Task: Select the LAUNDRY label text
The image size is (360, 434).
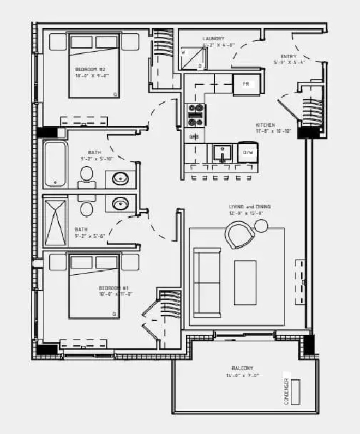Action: (214, 39)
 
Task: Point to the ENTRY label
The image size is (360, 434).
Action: (289, 56)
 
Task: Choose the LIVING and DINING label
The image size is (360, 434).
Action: (250, 206)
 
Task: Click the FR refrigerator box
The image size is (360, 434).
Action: (245, 84)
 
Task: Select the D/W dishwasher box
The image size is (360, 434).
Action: (247, 153)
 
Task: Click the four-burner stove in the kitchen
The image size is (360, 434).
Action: (195, 114)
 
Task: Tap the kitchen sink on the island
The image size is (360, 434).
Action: (222, 153)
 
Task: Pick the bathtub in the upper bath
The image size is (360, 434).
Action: (56, 164)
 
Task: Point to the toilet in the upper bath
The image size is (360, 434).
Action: (87, 174)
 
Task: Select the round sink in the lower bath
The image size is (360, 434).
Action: (120, 204)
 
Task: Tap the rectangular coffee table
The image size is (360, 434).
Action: (245, 282)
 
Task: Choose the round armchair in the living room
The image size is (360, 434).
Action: (240, 234)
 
